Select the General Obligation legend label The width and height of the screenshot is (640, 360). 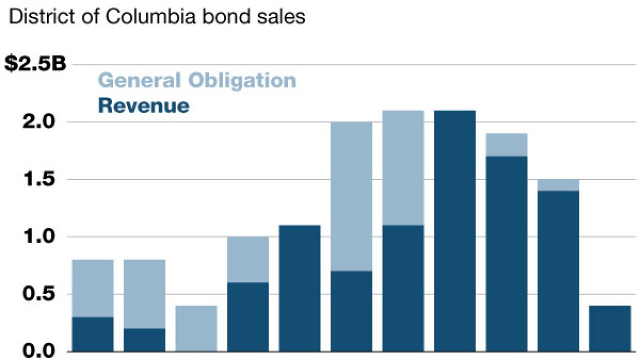coord(197,80)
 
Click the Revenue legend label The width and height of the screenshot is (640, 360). coord(144,106)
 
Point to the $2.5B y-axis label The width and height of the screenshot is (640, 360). coord(35,64)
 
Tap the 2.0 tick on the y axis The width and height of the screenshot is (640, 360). coord(44,122)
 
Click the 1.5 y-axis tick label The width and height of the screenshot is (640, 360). coord(44,179)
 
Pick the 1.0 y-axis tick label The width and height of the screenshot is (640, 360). coord(44,236)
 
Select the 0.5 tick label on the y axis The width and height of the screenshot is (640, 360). coord(44,294)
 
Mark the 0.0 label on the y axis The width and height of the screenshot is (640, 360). coord(44,351)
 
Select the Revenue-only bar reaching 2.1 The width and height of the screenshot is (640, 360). coord(455,230)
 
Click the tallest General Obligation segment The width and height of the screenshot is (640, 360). coord(351,196)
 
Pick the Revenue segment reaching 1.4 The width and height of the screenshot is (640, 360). coord(558,270)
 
